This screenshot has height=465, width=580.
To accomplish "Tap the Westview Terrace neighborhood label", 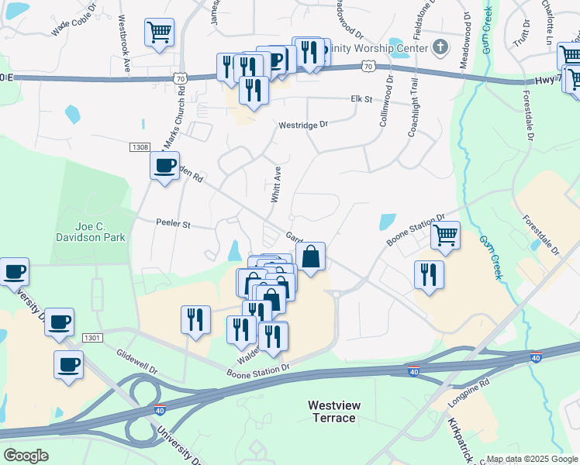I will tap(331, 412).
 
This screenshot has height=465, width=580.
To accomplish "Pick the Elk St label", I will tap(361, 99).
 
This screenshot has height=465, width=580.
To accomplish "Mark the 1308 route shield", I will tap(140, 146).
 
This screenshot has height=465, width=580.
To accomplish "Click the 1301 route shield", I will tap(92, 337).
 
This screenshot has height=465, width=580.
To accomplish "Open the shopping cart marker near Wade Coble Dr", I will tap(159, 33).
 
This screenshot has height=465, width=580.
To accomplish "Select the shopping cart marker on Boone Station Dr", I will tap(445, 234).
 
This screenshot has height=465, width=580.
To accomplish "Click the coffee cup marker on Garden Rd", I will tap(164, 165).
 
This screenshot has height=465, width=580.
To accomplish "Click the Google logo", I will tap(26, 456).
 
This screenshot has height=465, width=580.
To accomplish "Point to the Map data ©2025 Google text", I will tap(532, 459).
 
